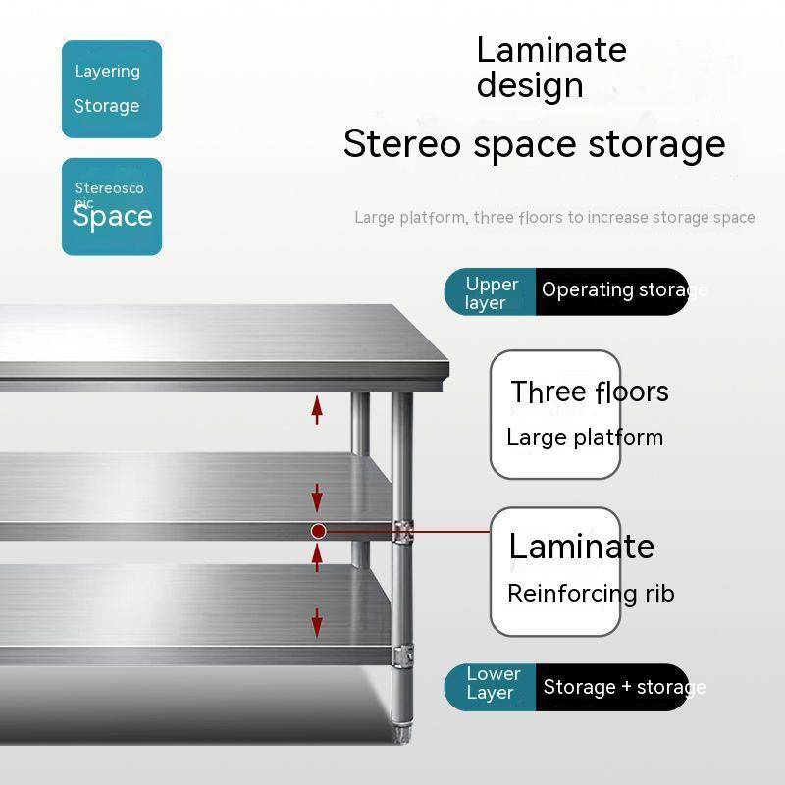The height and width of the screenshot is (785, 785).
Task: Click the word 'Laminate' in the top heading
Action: coord(550,50)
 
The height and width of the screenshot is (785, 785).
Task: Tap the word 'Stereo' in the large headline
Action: coord(401,144)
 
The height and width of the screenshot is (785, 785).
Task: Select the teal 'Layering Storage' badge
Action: coord(112,88)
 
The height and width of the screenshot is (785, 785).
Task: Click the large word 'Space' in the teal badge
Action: coord(112,217)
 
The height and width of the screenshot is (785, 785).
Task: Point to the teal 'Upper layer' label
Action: coord(491,292)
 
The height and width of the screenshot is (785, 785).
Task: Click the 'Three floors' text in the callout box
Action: coord(589,392)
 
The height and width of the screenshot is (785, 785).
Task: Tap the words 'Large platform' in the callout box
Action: coord(585,438)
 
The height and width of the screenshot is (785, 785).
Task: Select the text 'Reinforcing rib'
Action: coord(591,593)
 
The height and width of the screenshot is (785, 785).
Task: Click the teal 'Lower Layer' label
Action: coord(491,684)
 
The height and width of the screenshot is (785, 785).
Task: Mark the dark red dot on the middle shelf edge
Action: coord(318,531)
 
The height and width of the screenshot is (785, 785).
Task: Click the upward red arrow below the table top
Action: coord(317,408)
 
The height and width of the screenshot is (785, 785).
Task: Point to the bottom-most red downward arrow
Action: coord(317,622)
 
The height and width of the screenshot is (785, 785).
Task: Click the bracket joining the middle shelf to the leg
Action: coord(401,531)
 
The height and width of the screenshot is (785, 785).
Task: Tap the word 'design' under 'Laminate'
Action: coord(530,85)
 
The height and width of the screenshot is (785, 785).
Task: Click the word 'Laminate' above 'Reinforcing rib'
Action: coord(581,546)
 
